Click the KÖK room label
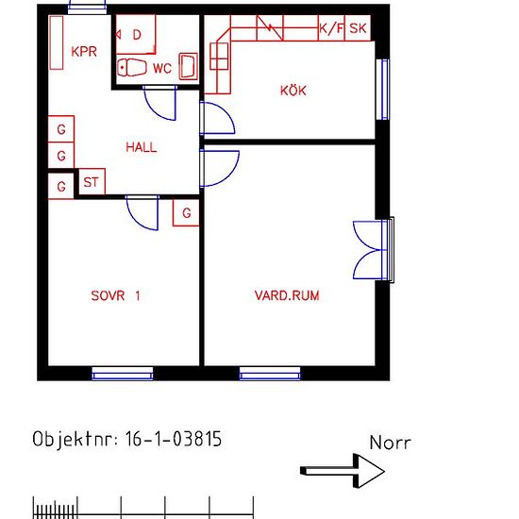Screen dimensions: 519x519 pyautogui.click(x=293, y=90)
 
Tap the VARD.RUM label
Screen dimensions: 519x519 pyautogui.click(x=287, y=295)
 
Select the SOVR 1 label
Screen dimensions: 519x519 pyautogui.click(x=115, y=295)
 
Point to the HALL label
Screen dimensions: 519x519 pyautogui.click(x=142, y=147)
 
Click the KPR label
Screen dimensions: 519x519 pyautogui.click(x=84, y=52)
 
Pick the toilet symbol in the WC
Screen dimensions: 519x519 pyautogui.click(x=132, y=68)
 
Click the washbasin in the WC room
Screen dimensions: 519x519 pyautogui.click(x=189, y=66)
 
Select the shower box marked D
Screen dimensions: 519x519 pyautogui.click(x=135, y=34)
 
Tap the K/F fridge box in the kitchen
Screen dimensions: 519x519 pyautogui.click(x=331, y=28)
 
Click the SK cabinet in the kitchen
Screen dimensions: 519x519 pyautogui.click(x=358, y=28)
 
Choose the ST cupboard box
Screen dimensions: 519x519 pyautogui.click(x=92, y=182)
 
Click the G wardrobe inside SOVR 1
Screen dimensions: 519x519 pyautogui.click(x=186, y=212)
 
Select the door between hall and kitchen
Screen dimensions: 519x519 pyautogui.click(x=217, y=119)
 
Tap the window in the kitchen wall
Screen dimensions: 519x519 pyautogui.click(x=383, y=90)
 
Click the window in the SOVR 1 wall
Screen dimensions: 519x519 pyautogui.click(x=123, y=374)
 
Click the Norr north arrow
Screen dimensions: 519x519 pyautogui.click(x=343, y=471)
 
